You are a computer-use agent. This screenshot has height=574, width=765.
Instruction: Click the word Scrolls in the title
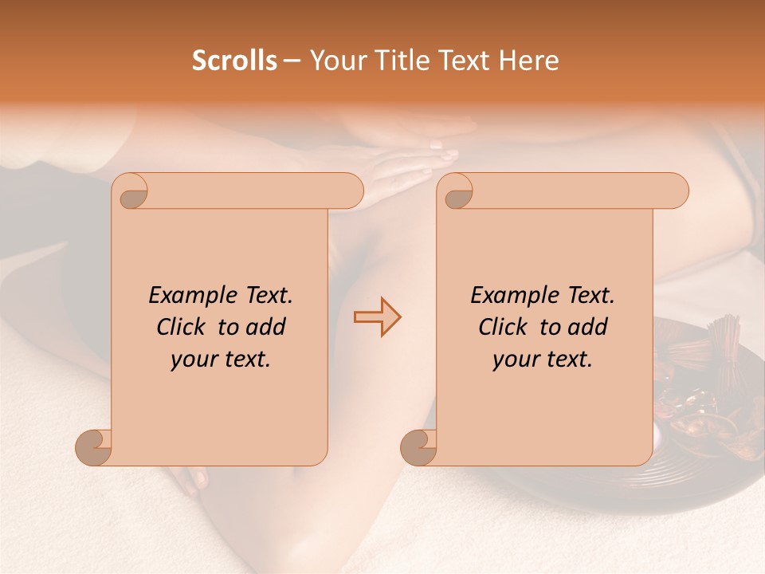click(234, 61)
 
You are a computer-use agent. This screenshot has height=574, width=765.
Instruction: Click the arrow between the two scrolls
click(377, 316)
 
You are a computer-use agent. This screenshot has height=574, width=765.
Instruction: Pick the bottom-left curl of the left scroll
click(93, 448)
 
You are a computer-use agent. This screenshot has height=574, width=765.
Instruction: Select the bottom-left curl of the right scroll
click(418, 448)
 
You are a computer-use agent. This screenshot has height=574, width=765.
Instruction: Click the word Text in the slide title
click(465, 61)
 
